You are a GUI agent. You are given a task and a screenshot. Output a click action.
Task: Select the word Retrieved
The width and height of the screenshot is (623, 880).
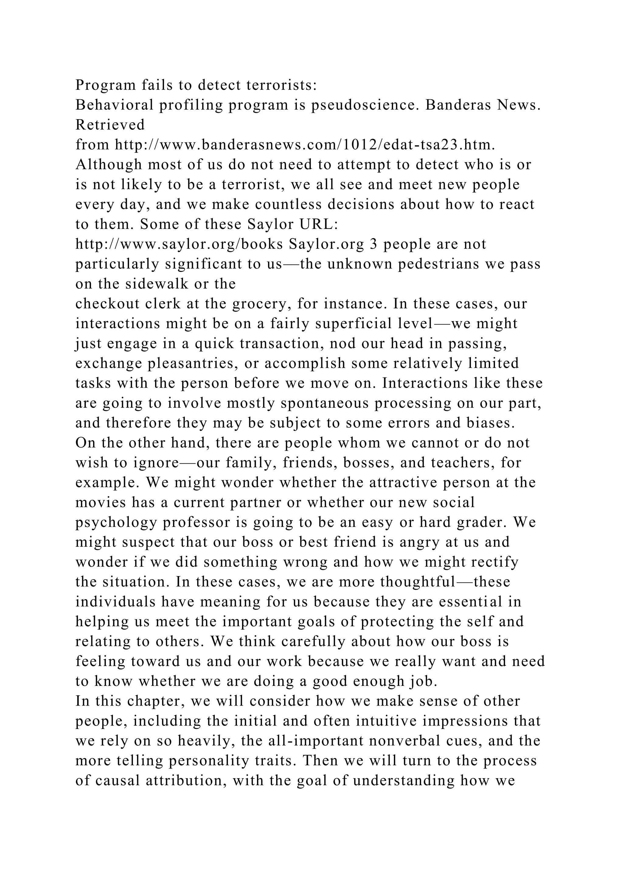[110, 125]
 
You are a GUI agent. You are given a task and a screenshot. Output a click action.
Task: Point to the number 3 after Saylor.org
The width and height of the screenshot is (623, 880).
[373, 244]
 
